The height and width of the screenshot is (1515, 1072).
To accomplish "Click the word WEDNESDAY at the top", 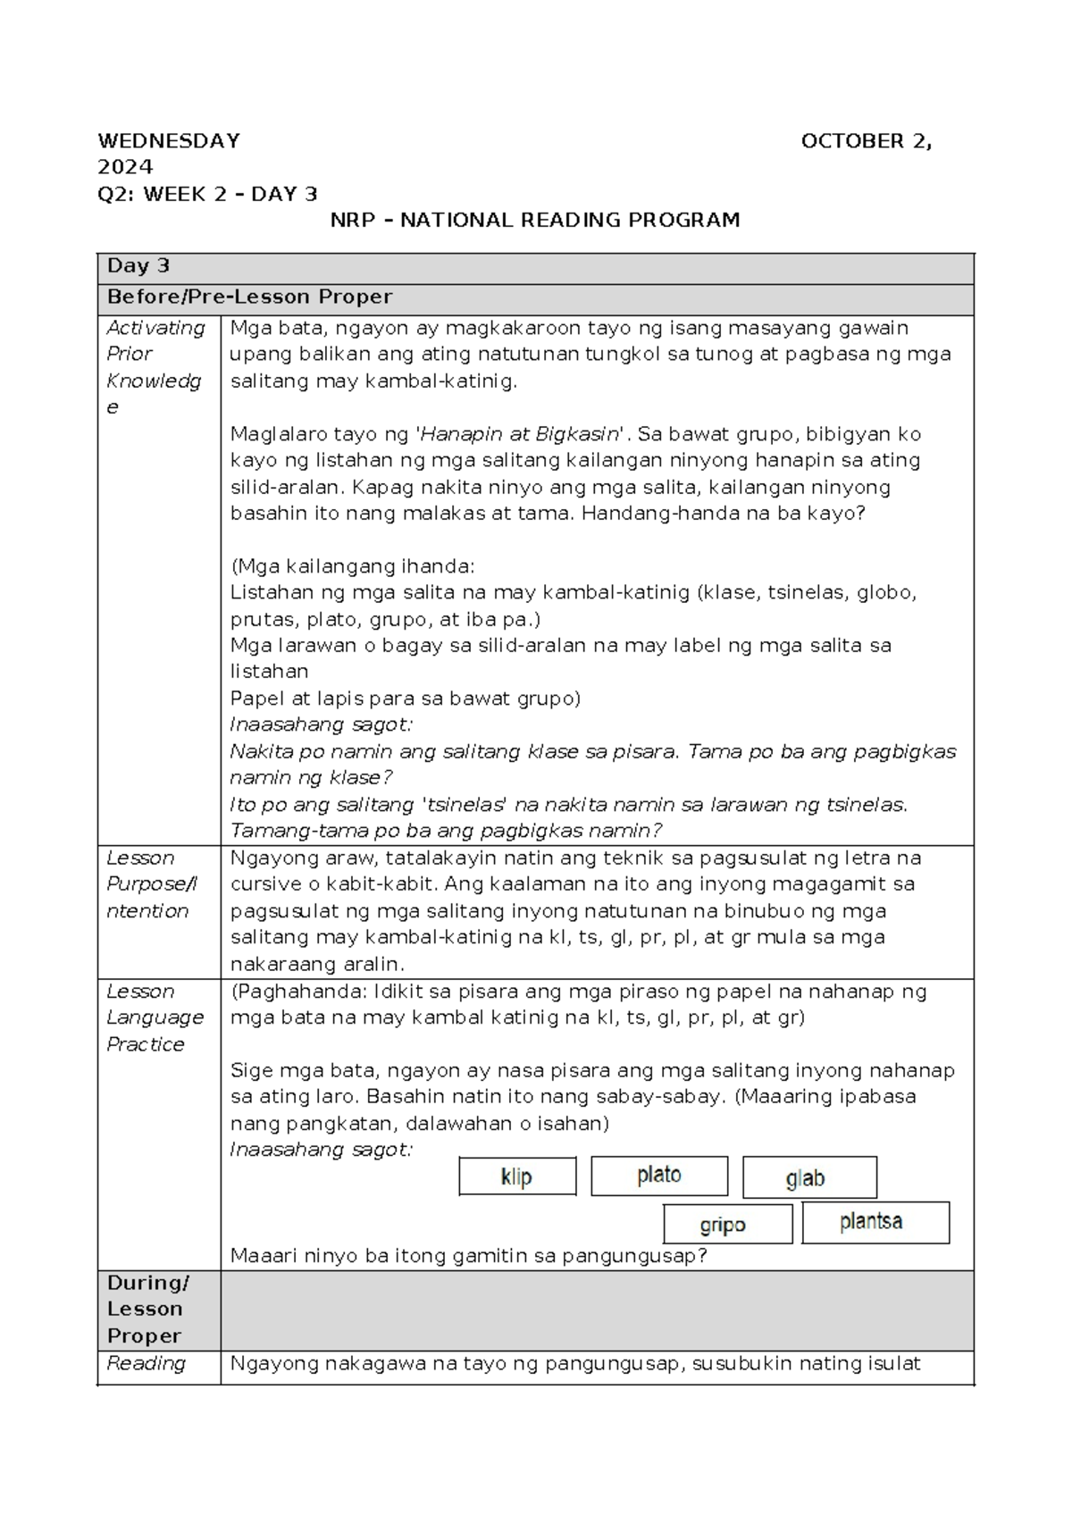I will click(x=168, y=141).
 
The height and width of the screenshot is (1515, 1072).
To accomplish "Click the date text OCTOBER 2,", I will click(x=866, y=141).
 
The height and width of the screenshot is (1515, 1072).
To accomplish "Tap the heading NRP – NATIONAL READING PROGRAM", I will click(x=535, y=220).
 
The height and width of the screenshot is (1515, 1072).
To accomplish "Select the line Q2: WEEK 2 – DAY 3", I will click(x=207, y=194).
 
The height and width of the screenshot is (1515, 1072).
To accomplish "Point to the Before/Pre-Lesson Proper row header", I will click(x=249, y=297).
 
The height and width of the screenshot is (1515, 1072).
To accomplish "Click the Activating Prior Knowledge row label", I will click(x=155, y=367).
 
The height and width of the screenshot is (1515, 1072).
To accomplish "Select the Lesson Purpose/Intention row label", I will click(x=151, y=884).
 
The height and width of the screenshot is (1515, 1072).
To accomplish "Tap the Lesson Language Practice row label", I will click(x=155, y=1017).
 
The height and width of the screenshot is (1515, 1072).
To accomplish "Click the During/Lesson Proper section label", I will click(x=147, y=1309).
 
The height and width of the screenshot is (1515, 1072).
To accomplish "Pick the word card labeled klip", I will click(x=517, y=1176).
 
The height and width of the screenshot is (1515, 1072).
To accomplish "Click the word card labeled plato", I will click(x=659, y=1176).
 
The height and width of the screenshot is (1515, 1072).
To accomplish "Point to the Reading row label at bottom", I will click(x=146, y=1363).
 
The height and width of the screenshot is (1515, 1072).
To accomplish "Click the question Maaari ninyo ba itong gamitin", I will click(x=468, y=1256).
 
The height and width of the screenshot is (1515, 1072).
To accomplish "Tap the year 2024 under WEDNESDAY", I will click(x=125, y=167).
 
